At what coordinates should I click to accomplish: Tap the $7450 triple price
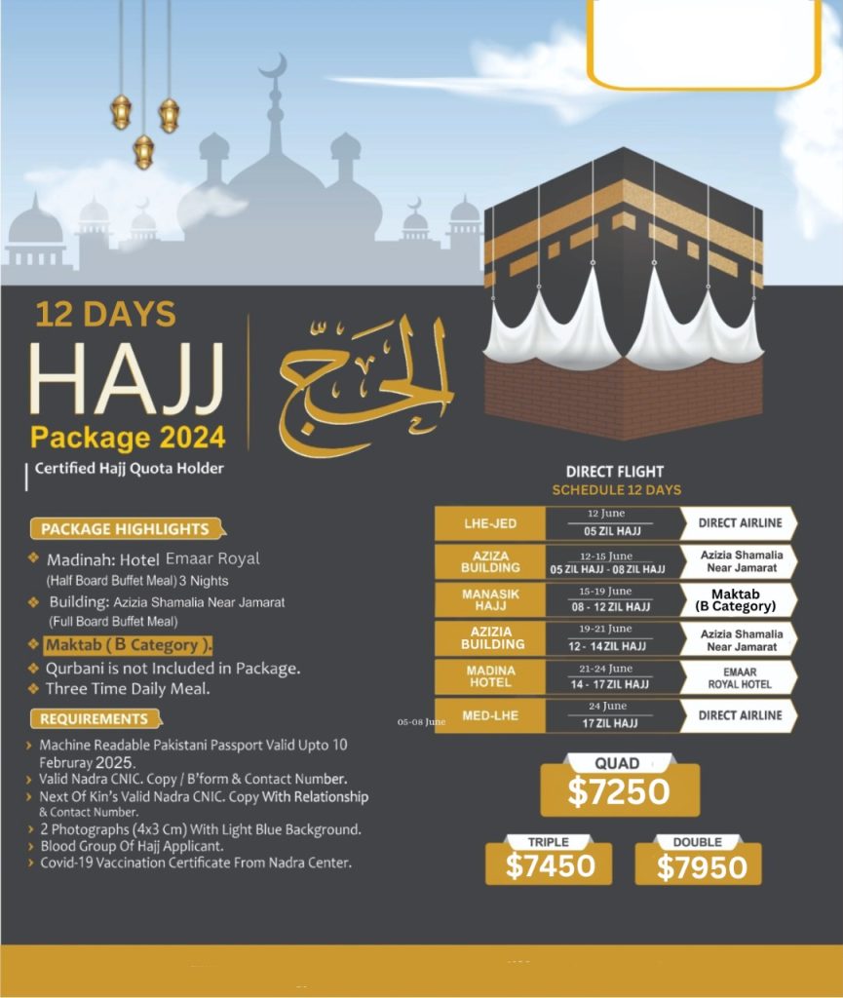pos(549,866)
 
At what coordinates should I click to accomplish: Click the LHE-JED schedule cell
pos(489,523)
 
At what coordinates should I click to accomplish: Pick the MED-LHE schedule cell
pos(489,715)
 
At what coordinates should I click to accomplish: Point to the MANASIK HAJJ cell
pos(489,598)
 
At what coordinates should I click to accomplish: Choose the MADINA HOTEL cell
pos(489,676)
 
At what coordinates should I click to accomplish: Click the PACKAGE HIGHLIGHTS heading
pos(125,529)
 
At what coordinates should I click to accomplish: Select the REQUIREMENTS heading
pos(95,719)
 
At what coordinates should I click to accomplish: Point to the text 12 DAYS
pos(105,314)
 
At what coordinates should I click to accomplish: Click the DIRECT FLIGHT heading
pos(616,472)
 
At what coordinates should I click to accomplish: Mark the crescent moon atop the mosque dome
pos(274,67)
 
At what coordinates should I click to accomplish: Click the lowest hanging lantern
pos(143,151)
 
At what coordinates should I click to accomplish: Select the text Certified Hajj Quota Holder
pos(129,469)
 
